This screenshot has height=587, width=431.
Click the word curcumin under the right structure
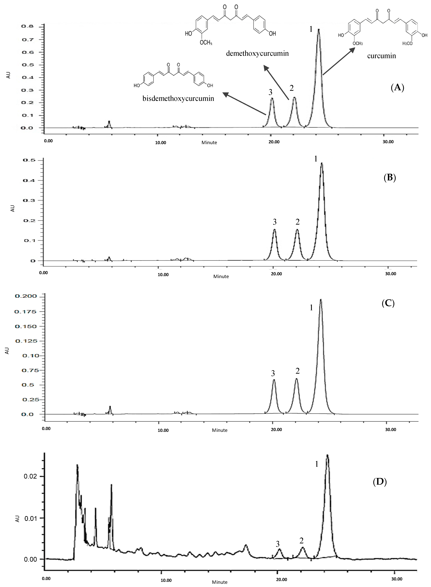[381, 56]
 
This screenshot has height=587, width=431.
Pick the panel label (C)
[388, 303]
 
